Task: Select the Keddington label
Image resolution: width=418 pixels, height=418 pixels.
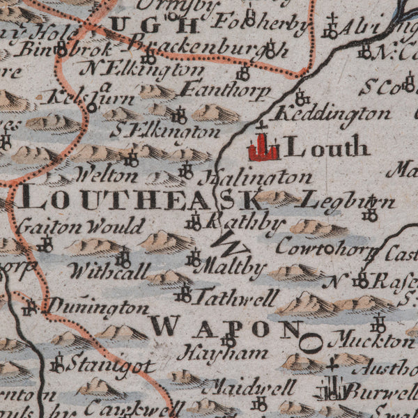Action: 331,113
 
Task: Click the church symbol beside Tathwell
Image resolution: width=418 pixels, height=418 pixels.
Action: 185,293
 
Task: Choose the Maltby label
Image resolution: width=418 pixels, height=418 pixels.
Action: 221,267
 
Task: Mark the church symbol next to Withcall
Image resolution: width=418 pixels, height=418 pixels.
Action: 124,260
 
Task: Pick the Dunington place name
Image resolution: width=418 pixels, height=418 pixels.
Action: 98,307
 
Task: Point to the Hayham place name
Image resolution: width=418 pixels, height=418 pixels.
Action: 222,353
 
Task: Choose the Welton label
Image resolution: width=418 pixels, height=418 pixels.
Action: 106,174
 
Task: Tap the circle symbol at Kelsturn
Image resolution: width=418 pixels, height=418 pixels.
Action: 91,107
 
